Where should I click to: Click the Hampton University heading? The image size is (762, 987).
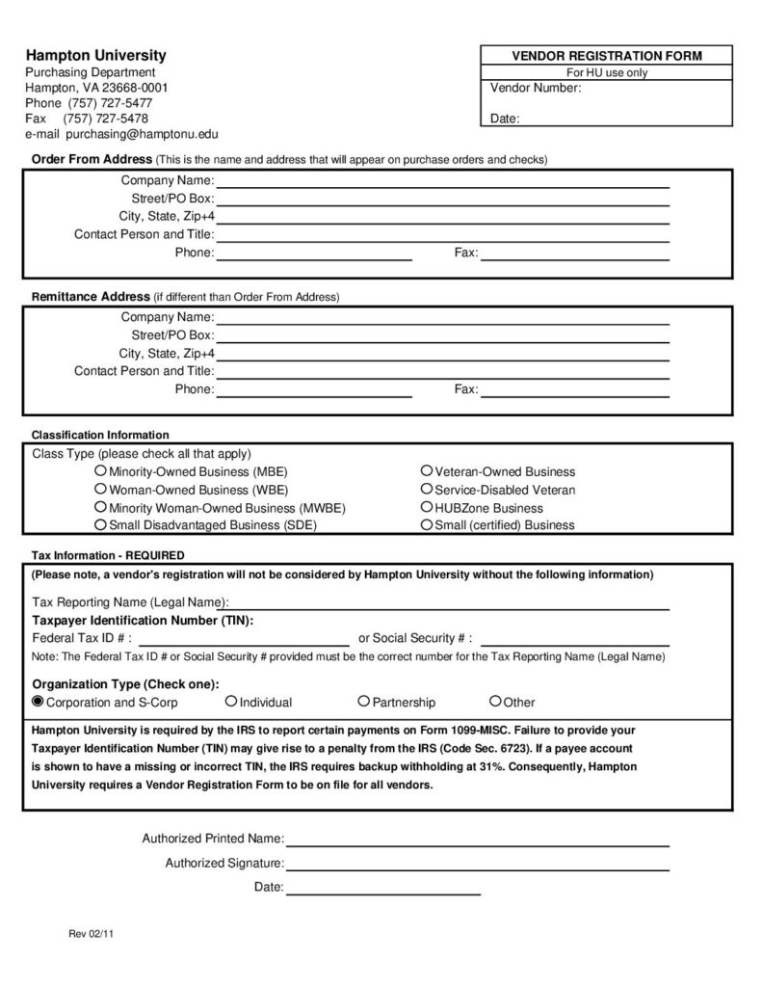pos(95,55)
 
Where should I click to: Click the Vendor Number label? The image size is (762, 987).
pos(536,88)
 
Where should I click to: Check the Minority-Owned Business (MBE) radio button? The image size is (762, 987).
pos(100,471)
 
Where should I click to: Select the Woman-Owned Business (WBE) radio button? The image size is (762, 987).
pos(100,489)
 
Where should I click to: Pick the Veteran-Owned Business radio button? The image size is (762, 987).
pos(427,471)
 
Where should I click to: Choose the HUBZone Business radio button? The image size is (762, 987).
pos(427,507)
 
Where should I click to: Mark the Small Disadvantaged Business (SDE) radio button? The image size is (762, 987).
pos(100,524)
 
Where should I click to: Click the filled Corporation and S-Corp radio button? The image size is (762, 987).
pos(39,702)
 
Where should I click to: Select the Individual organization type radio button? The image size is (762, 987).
pos(231,702)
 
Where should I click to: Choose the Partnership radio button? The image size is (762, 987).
pos(364,702)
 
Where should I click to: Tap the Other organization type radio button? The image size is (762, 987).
pos(495,702)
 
